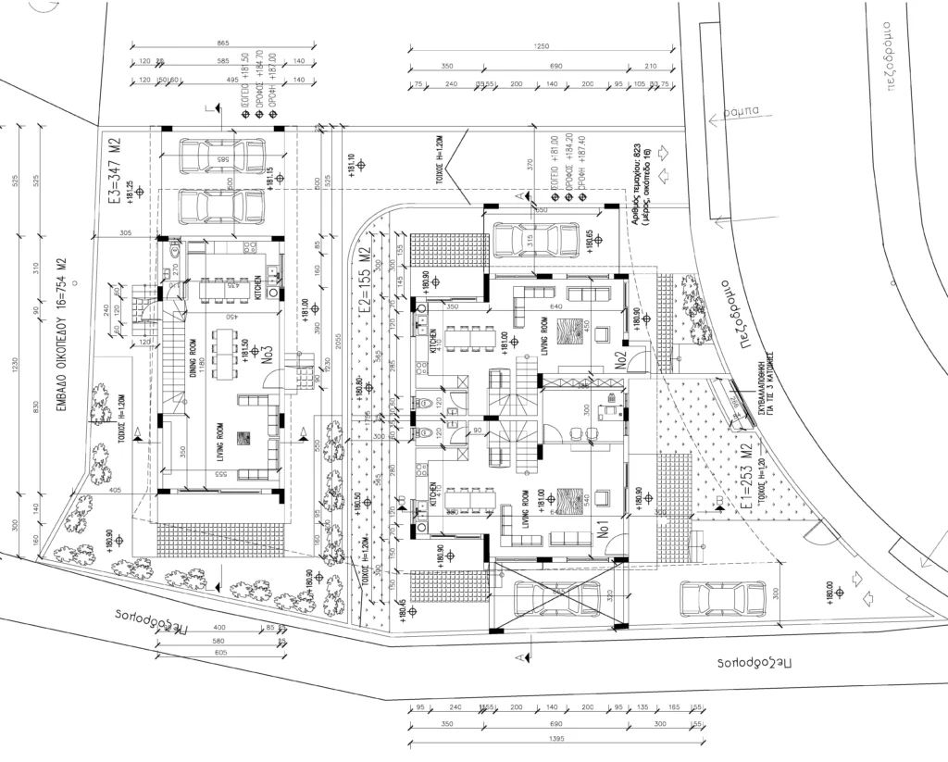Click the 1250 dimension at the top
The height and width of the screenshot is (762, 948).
coord(543,47)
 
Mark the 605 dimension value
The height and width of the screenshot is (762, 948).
coord(218,652)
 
